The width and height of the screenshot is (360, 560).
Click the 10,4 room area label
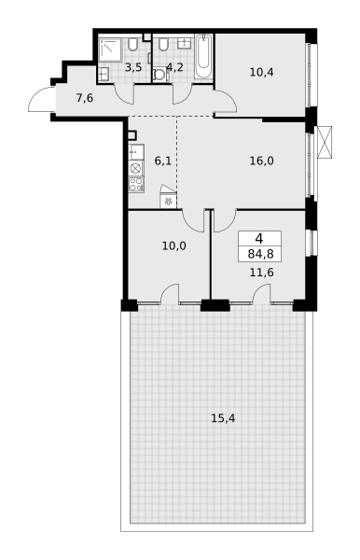[x=261, y=73]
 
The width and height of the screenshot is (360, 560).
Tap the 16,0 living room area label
[x=261, y=161]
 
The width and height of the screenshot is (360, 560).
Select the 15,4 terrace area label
[x=223, y=418]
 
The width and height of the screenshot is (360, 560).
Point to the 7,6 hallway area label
[x=85, y=97]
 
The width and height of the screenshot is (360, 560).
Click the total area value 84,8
[x=260, y=254]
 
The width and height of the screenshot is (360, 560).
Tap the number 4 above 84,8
[x=259, y=238]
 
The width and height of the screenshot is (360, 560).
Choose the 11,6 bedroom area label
[x=261, y=273]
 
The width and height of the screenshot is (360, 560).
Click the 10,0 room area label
[x=174, y=246]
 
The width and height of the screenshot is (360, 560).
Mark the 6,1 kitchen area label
[x=162, y=161]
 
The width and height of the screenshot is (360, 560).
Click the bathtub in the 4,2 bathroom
[x=203, y=56]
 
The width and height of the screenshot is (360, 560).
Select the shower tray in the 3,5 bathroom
[x=110, y=50]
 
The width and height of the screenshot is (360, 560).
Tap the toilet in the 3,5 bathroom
[x=133, y=44]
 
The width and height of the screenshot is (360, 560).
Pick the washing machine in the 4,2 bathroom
[x=159, y=76]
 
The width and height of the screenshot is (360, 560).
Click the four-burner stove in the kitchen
[x=136, y=185]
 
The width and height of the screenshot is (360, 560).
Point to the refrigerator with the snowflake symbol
[x=168, y=201]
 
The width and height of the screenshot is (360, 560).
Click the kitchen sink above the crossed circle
[x=136, y=152]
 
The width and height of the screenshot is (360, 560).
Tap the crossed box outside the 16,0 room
[x=325, y=142]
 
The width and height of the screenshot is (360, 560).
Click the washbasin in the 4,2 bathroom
[x=184, y=43]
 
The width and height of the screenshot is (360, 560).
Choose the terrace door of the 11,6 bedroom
[x=261, y=294]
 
